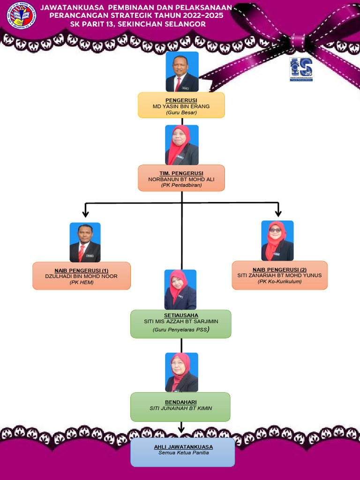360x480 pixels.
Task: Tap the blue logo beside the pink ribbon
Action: (x=301, y=69)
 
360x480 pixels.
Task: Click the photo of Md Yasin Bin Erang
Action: (x=182, y=72)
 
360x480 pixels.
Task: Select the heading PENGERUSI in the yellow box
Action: (x=181, y=100)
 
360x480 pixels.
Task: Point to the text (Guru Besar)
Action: (x=181, y=112)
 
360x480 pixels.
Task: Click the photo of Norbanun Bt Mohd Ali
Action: (x=182, y=144)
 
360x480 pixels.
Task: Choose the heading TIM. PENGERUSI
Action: (x=181, y=173)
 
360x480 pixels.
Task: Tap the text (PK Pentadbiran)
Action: (x=181, y=185)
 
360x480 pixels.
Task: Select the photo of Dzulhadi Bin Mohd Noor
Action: (x=85, y=242)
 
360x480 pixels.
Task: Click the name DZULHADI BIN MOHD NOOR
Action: (x=81, y=276)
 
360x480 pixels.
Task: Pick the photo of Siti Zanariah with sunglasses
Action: (x=277, y=240)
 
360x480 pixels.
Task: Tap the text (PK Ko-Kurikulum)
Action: (x=279, y=282)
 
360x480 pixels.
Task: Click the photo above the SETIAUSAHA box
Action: (x=180, y=289)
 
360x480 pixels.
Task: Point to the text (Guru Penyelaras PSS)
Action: (x=180, y=330)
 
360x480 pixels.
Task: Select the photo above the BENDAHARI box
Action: (x=181, y=372)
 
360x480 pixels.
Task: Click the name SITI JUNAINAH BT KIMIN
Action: (x=180, y=408)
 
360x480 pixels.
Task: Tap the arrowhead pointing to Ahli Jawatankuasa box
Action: (x=181, y=429)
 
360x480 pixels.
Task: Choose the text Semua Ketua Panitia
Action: (x=182, y=453)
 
